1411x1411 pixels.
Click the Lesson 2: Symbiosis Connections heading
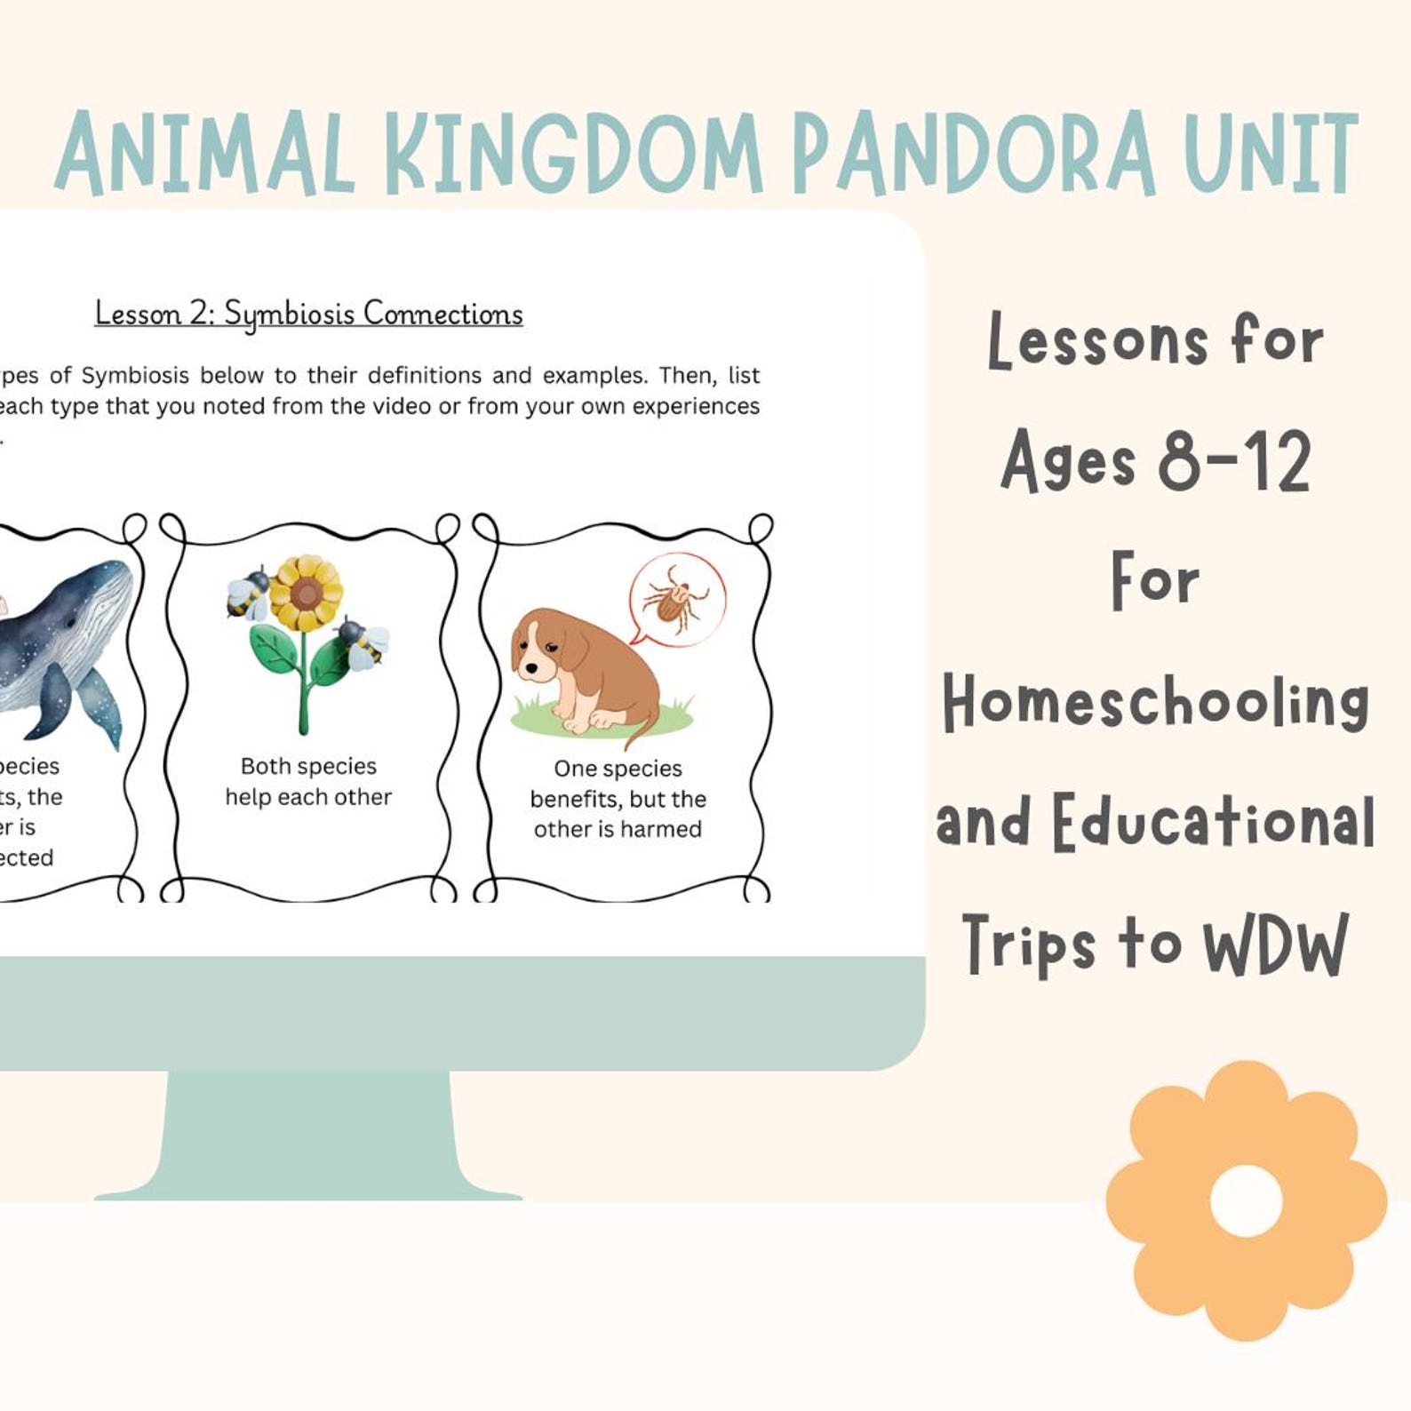pyautogui.click(x=308, y=314)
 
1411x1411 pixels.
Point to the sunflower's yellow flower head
pyautogui.click(x=305, y=593)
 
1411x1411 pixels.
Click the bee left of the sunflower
pyautogui.click(x=248, y=593)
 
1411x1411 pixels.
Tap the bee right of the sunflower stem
pyautogui.click(x=365, y=642)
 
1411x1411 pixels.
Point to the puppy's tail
pyautogui.click(x=642, y=730)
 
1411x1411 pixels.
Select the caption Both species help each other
pyautogui.click(x=308, y=781)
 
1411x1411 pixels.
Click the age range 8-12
pyautogui.click(x=1234, y=462)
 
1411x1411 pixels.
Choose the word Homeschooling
pyautogui.click(x=1155, y=702)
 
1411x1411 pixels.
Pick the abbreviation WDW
pyautogui.click(x=1275, y=945)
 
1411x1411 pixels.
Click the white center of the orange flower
pyautogui.click(x=1246, y=1200)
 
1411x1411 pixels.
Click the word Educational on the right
pyautogui.click(x=1214, y=822)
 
